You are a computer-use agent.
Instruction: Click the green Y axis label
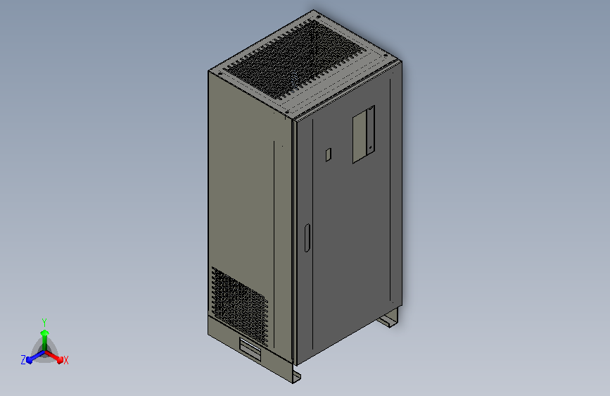tap(44, 321)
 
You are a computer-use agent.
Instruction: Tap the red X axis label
tap(66, 360)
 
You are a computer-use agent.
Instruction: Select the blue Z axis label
tap(23, 360)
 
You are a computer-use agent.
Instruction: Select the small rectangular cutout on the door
tap(327, 154)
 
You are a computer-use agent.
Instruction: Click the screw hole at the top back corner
tap(315, 16)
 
